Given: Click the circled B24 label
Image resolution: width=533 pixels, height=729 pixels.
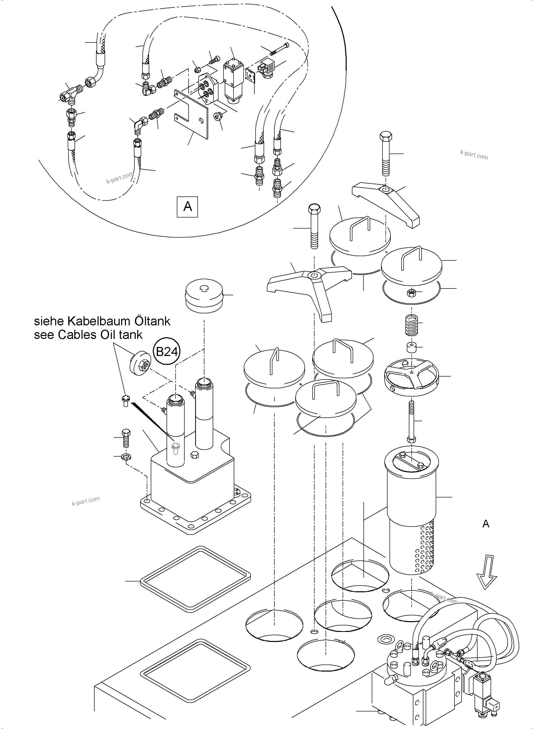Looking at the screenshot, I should (167, 351).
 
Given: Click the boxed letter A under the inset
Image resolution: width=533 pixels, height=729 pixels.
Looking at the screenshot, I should (187, 206).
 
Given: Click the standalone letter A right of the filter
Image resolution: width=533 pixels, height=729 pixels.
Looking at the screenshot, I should (486, 524).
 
